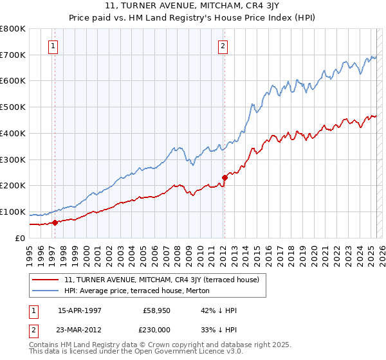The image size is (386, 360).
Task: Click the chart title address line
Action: [192, 6]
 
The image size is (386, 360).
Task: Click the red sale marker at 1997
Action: [55, 222]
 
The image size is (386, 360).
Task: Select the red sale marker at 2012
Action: [225, 177]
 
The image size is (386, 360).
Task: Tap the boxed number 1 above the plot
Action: [52, 46]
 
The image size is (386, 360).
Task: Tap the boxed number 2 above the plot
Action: [223, 46]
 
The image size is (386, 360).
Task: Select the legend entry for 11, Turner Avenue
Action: [161, 280]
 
